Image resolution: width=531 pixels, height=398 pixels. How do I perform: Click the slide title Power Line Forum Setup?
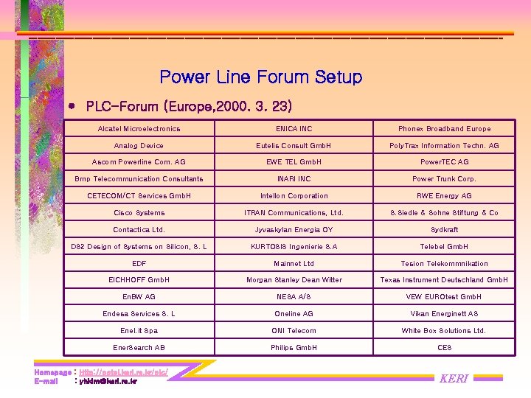point(260,77)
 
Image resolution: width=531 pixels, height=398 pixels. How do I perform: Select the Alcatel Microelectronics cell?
point(139,129)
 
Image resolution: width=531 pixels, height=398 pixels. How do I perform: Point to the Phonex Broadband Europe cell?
point(444,129)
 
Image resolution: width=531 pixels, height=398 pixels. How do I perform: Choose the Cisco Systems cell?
point(139,213)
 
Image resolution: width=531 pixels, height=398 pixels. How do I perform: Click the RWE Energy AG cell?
point(444,196)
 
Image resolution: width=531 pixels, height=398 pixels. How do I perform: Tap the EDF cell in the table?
point(139,263)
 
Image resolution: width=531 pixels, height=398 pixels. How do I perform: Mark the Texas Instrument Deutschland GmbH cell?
point(444,280)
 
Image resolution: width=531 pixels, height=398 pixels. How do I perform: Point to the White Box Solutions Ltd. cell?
point(444,330)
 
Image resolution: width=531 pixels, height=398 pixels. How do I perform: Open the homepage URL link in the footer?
point(123,372)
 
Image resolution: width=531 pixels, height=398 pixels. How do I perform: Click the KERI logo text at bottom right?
point(454,379)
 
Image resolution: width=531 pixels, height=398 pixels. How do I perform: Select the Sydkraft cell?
point(444,230)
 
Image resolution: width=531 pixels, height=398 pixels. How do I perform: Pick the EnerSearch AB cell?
point(139,347)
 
